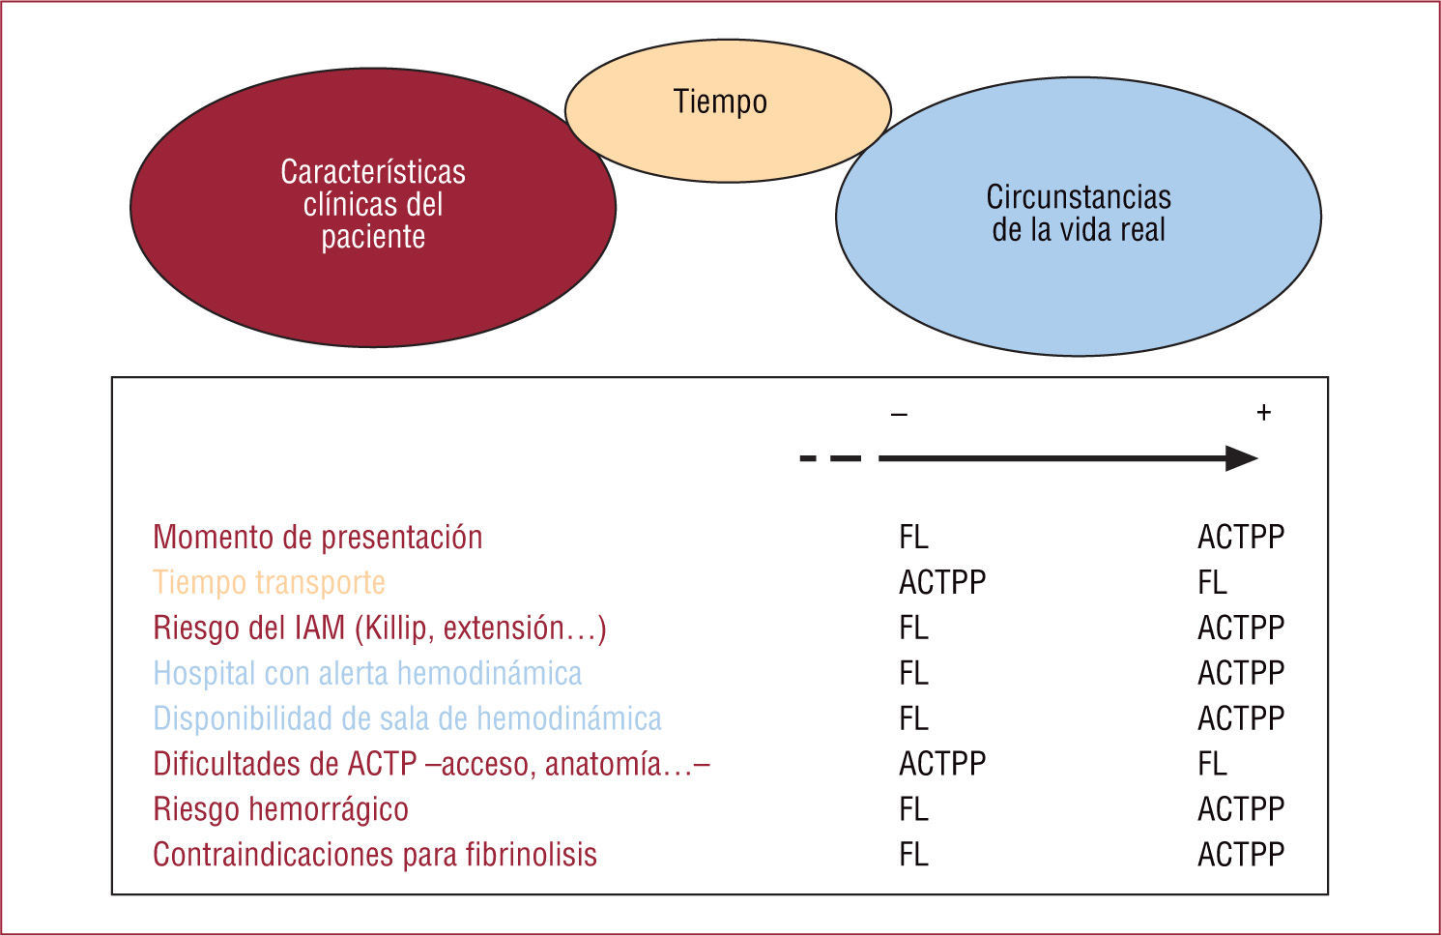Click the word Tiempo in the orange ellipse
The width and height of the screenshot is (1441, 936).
tap(720, 102)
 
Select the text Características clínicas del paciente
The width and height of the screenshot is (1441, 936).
tap(373, 204)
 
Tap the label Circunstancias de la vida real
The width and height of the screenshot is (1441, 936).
tap(1079, 213)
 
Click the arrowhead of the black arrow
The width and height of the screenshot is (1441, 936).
tap(1241, 458)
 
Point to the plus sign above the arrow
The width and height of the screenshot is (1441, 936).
tap(1263, 413)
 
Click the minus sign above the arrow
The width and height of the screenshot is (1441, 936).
tap(899, 415)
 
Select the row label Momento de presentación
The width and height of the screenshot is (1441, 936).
tap(317, 537)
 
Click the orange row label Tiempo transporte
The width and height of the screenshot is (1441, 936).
tap(269, 582)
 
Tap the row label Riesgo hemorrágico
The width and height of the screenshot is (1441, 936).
tap(280, 808)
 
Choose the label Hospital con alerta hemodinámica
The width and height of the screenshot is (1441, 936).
tap(367, 673)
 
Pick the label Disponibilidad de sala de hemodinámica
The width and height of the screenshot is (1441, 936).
tap(407, 718)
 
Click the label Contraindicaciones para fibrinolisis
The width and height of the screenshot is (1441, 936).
tap(375, 855)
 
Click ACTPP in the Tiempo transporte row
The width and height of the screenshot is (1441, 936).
tap(942, 582)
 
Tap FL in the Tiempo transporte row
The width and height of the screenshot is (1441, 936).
tap(1212, 582)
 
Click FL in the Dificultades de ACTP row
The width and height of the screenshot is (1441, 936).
tap(1212, 764)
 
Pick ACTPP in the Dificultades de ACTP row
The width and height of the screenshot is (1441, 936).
tap(942, 764)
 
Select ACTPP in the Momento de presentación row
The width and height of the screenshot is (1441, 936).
tap(1241, 537)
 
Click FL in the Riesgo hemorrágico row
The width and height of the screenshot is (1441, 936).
tap(913, 808)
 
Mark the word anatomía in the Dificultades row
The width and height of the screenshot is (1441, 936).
tap(603, 764)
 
